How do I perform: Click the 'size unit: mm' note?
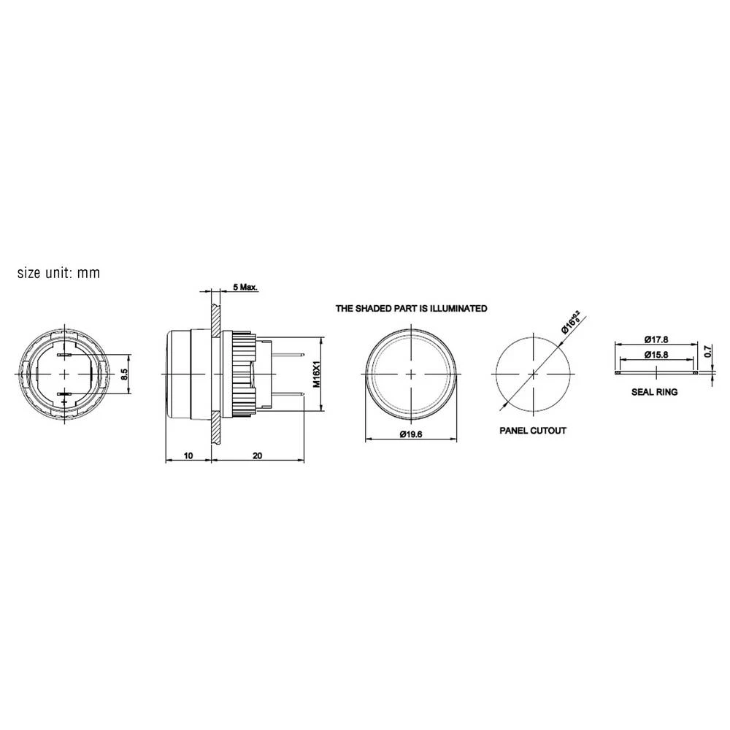pyautogui.click(x=58, y=274)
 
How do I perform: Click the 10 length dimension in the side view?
pyautogui.click(x=188, y=455)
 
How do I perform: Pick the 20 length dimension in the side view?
pyautogui.click(x=257, y=455)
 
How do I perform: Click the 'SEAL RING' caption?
pyautogui.click(x=654, y=392)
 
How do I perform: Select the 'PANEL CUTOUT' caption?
pyautogui.click(x=532, y=431)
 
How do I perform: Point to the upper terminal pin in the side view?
pyautogui.click(x=288, y=355)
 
